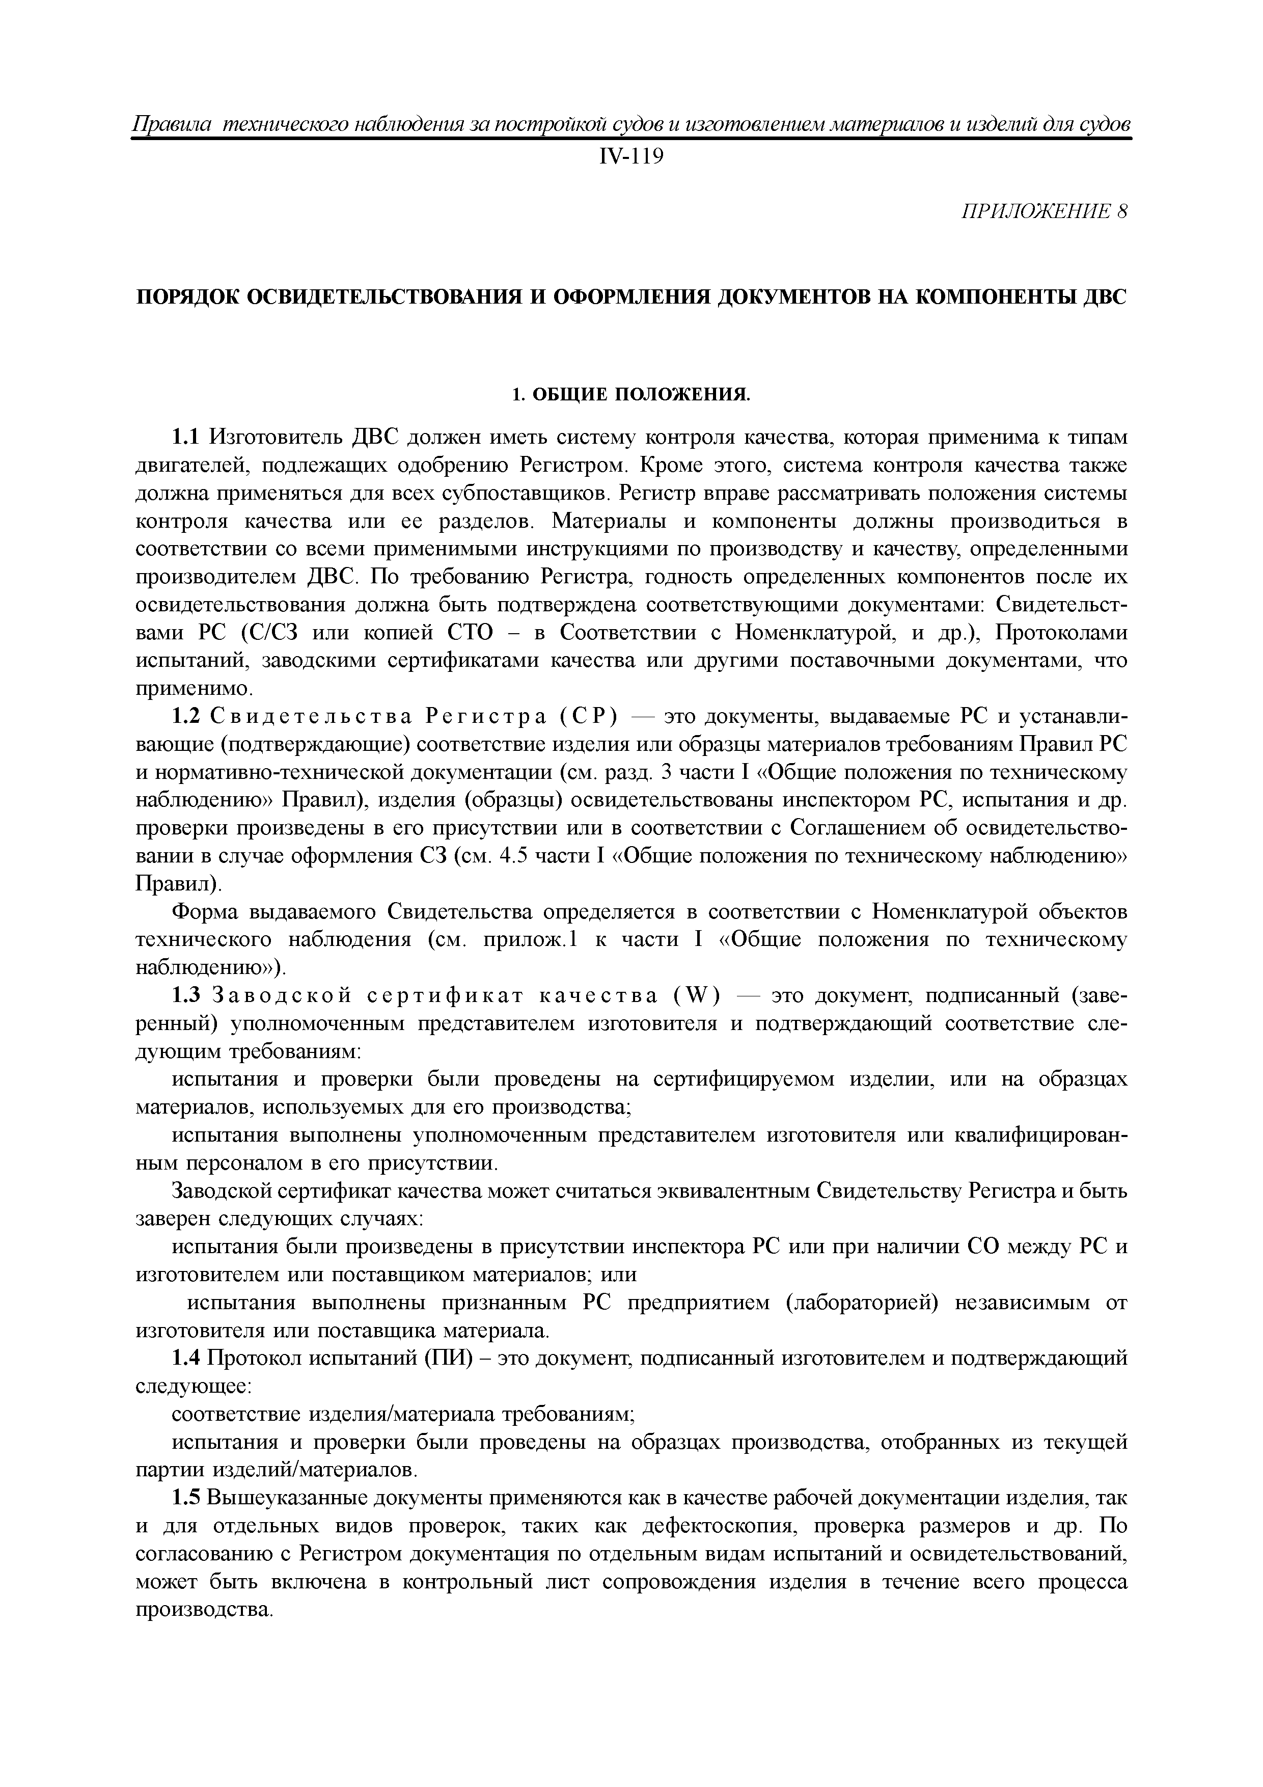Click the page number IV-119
[631, 157]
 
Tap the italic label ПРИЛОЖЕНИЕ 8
[1045, 212]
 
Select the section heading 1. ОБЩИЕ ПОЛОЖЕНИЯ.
[631, 395]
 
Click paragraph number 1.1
[186, 438]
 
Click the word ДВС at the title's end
[1104, 297]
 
